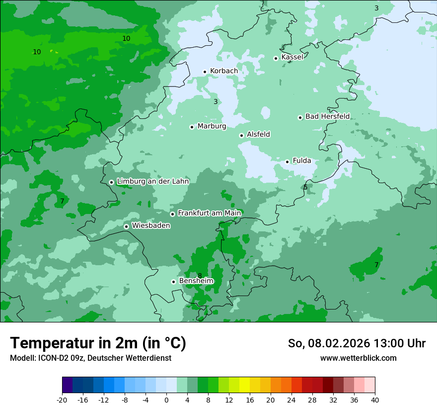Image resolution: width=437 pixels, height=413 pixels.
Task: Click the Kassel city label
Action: [292, 57]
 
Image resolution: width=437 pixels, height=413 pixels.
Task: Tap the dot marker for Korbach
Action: [205, 72]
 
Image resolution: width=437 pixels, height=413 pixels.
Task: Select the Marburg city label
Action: [212, 126]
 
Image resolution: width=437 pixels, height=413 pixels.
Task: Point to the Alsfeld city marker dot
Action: [241, 135]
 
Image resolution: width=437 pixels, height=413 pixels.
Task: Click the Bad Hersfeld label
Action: [327, 116]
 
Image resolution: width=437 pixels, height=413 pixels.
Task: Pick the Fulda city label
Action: [302, 161]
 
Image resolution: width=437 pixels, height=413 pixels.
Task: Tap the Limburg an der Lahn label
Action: [152, 182]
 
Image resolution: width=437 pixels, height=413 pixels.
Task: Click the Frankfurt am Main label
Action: [209, 213]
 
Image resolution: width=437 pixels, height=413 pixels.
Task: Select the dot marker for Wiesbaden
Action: [126, 226]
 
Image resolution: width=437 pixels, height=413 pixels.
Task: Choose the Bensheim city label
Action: [196, 281]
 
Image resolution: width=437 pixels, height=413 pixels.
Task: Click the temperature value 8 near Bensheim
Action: [200, 276]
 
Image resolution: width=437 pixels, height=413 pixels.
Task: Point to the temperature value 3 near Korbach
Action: [216, 102]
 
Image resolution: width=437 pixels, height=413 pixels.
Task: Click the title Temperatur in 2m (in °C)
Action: [98, 343]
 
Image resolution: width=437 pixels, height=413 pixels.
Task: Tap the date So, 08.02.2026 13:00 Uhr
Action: [357, 343]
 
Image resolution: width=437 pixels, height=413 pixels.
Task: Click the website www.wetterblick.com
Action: [358, 358]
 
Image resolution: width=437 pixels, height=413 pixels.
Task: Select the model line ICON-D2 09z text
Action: [90, 358]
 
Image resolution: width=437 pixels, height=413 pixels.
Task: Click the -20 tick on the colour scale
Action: [62, 400]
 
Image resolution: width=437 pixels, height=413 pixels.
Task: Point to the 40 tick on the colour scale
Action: [375, 400]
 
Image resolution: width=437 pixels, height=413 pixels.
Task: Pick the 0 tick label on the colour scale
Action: [166, 400]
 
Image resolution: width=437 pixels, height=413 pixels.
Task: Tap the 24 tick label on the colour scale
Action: [291, 400]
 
